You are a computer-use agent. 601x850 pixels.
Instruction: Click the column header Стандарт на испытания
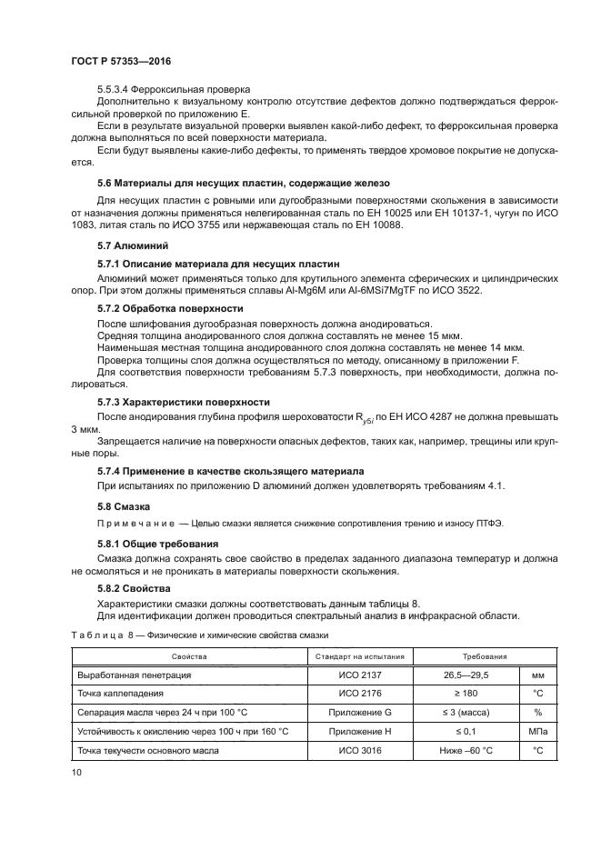click(361, 655)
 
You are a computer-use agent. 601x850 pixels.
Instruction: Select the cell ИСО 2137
click(361, 675)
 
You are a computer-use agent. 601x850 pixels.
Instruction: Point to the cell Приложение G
click(361, 713)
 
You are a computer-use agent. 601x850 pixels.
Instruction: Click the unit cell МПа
click(537, 732)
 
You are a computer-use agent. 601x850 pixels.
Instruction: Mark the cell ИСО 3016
click(361, 751)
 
